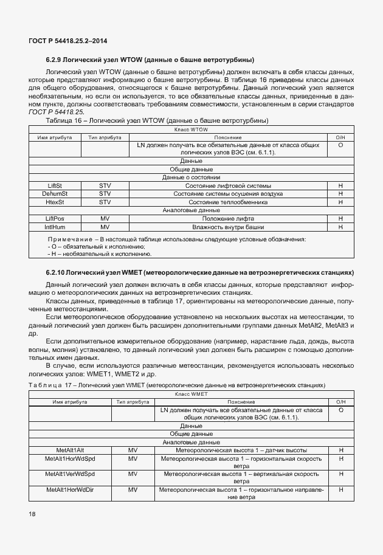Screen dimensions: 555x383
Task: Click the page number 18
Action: [32, 514]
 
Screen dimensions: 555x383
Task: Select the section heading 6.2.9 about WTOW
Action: [150, 60]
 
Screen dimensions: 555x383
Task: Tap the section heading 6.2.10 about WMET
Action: [199, 272]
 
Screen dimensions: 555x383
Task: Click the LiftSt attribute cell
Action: [55, 185]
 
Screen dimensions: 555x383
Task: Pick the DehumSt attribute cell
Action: [55, 193]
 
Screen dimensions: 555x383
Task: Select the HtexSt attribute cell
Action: [55, 202]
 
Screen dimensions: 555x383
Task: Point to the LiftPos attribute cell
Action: [55, 218]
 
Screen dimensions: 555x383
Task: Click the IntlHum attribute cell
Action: [55, 227]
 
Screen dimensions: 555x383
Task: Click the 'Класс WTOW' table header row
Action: [191, 130]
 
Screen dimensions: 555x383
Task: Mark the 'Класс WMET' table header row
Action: [191, 394]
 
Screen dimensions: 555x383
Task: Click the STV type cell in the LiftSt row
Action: [105, 185]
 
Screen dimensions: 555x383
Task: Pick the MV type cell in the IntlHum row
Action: [105, 227]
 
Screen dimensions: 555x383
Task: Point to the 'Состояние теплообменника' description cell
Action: [229, 202]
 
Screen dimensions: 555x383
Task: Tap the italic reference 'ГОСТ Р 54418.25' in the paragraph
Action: [56, 112]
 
